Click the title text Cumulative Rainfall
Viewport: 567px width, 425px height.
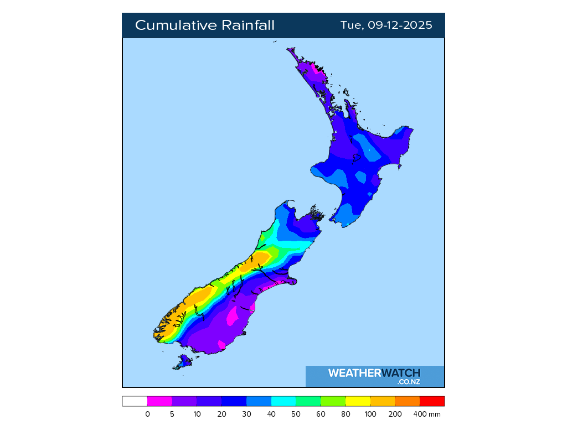pos(204,25)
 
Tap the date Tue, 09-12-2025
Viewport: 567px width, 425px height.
pos(386,25)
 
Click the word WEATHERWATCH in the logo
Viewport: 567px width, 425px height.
pos(374,373)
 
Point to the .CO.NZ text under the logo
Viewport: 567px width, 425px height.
pos(408,382)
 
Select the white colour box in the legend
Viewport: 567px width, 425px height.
pos(135,401)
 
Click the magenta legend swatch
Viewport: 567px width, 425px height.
pos(159,401)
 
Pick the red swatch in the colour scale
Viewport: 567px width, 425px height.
pos(432,401)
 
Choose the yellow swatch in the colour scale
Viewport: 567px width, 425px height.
pos(358,401)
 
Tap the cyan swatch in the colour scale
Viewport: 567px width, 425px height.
pos(283,401)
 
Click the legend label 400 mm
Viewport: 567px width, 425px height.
pos(426,414)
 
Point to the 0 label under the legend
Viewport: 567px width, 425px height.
pos(147,414)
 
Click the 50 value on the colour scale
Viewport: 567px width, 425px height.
pos(296,414)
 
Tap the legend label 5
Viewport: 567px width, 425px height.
pos(172,414)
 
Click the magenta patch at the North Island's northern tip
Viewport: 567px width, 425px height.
pos(317,70)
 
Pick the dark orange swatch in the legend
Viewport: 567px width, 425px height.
pos(407,401)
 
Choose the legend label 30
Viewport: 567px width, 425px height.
pos(246,414)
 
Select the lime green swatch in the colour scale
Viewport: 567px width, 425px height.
pos(333,401)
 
